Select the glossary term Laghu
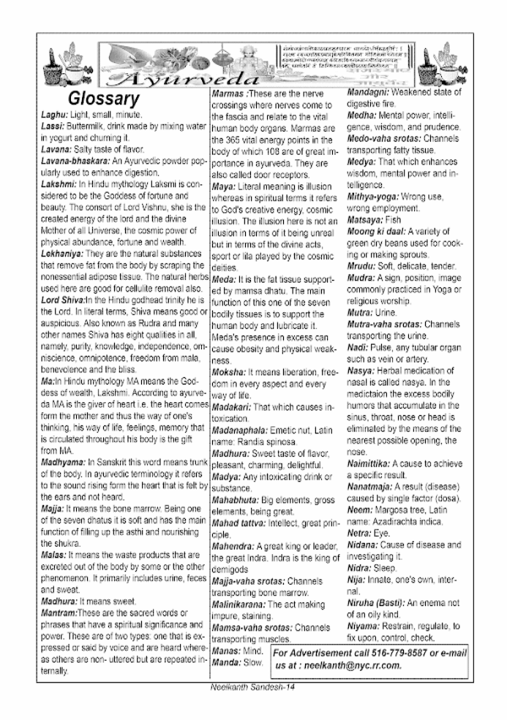pyautogui.click(x=53, y=115)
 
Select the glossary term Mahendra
pyautogui.click(x=233, y=547)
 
